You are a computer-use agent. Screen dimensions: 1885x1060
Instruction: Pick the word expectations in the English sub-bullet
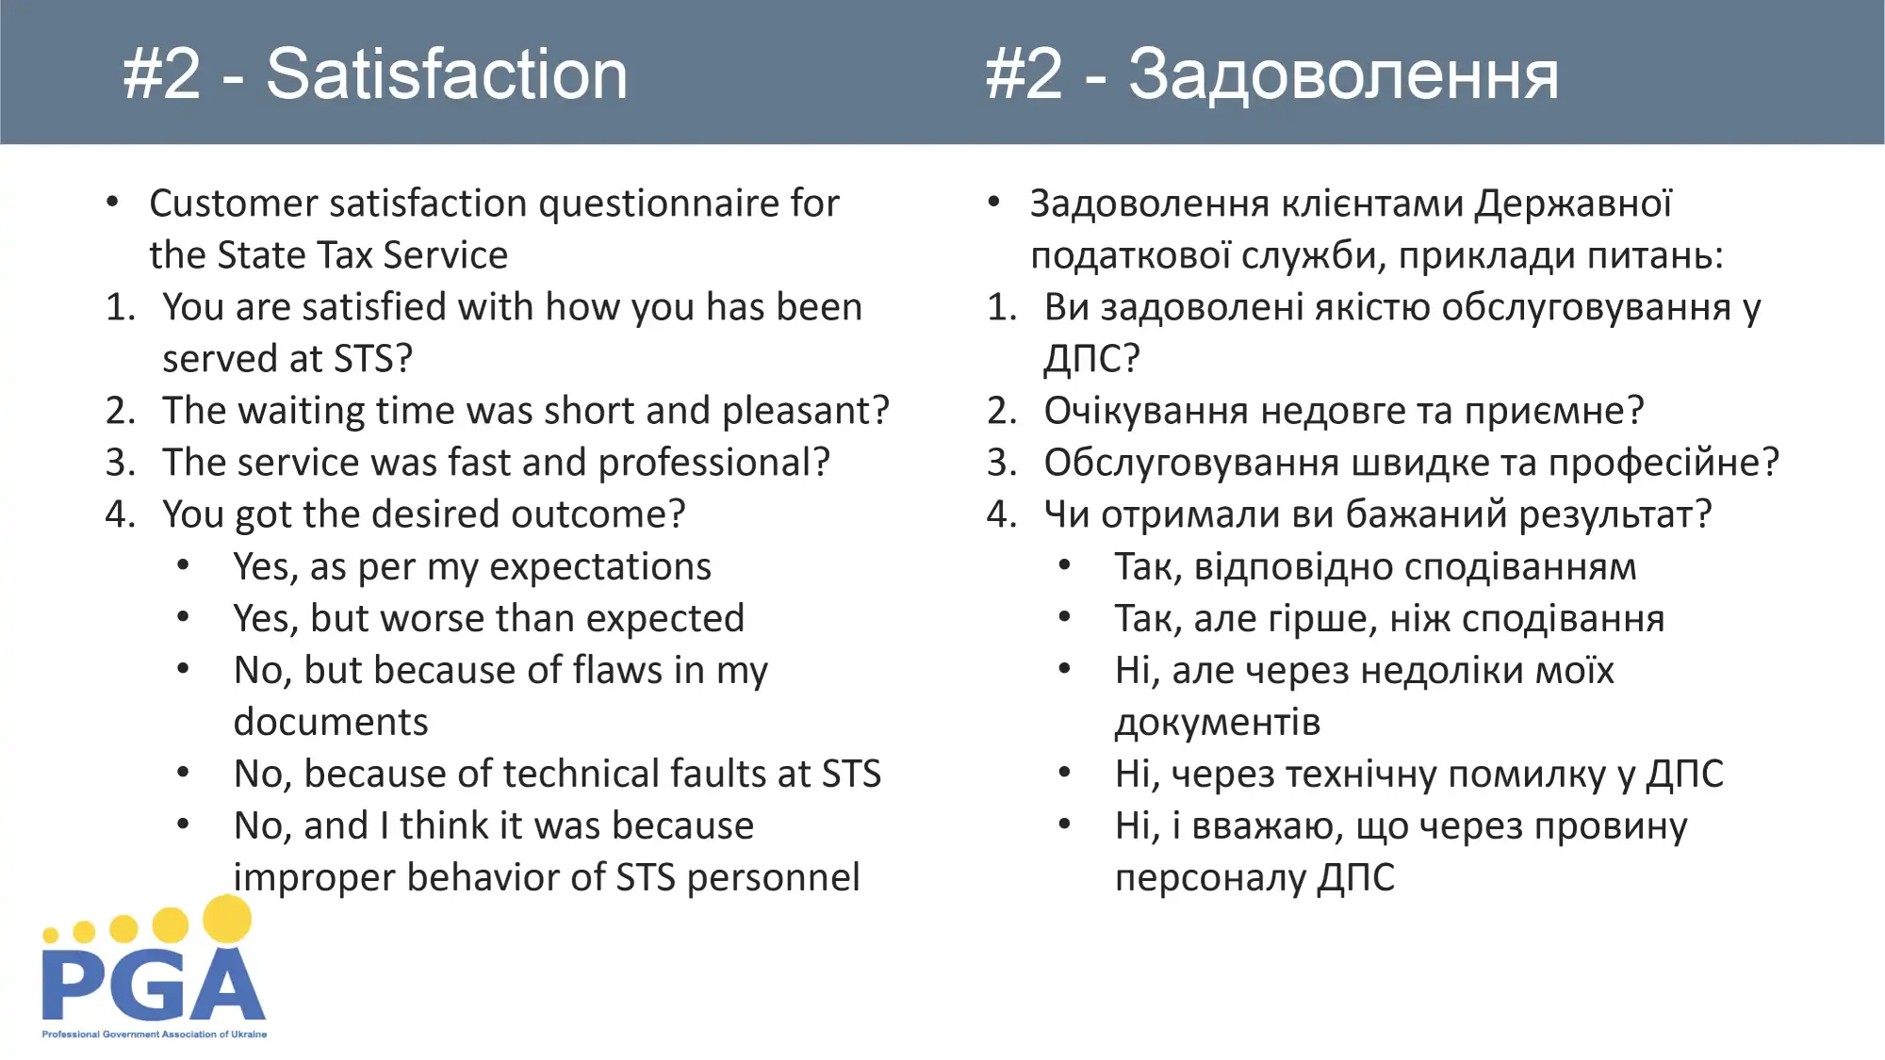600,567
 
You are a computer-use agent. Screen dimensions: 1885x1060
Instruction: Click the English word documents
331,722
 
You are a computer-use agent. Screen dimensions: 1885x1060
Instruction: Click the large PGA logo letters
154,985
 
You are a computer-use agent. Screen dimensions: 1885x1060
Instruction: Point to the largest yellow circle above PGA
227,919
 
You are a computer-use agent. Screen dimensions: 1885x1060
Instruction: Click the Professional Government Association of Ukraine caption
154,1034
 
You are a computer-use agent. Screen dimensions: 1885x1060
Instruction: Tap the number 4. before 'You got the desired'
121,514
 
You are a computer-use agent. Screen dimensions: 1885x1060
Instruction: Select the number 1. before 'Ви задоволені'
1002,307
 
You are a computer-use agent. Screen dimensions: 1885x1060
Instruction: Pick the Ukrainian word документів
1218,723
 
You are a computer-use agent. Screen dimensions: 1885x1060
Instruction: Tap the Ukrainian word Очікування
1146,412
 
